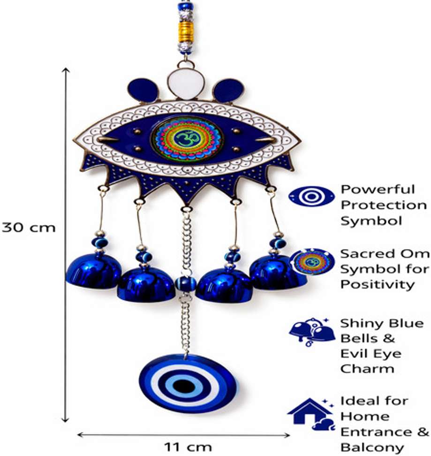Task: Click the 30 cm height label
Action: tap(29, 227)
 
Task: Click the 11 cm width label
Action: tap(188, 447)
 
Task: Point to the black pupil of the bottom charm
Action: tap(183, 386)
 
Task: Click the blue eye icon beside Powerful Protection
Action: tap(311, 197)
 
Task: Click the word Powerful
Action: tap(378, 190)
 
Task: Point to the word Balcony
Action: tap(372, 447)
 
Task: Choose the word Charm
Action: tap(367, 369)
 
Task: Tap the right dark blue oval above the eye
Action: tap(227, 90)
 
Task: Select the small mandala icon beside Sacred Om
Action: tap(312, 261)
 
